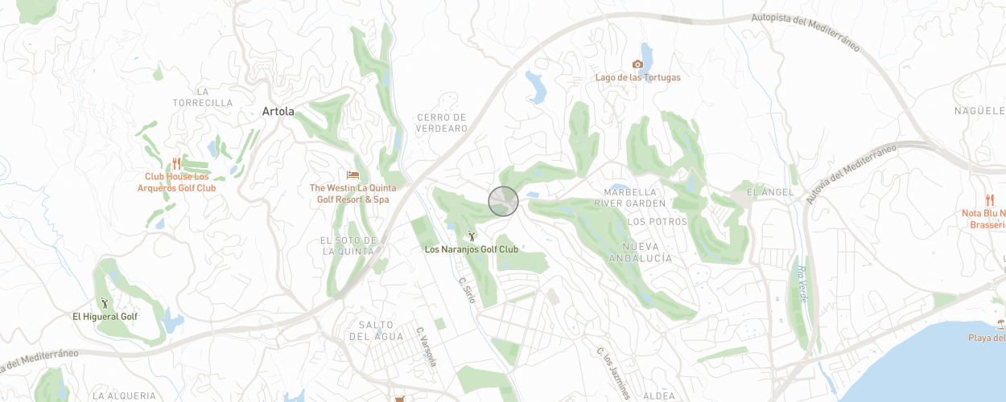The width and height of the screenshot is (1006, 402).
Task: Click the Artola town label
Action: pos(278,112)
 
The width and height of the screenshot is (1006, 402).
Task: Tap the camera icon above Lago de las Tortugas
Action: pos(637,64)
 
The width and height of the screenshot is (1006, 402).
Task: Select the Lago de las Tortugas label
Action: pos(637,78)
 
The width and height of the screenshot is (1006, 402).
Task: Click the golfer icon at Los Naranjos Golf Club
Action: pos(472,236)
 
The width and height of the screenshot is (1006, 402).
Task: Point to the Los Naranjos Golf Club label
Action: pos(472,249)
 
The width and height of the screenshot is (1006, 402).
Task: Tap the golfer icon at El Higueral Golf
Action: pos(104,303)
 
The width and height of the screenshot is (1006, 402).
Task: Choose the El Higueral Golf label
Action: pos(105,317)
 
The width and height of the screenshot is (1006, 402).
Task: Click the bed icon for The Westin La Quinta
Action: pos(353,174)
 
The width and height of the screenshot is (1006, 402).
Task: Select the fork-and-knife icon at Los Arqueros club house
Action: pos(175,163)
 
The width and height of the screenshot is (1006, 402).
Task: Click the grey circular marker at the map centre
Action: pos(503,201)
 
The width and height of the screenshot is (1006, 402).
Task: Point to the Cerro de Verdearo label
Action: pos(442,123)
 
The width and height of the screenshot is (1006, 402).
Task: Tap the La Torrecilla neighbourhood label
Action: pos(203,97)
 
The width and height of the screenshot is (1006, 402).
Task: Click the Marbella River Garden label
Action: pos(635,198)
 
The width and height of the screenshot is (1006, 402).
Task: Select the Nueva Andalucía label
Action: pos(641,252)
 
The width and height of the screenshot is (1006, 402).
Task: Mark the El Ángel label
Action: pos(770,192)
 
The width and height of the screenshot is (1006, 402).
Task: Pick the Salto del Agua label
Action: pos(377,330)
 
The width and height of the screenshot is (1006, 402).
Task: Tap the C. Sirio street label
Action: pos(467,290)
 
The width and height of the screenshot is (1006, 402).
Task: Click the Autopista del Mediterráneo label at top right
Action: pos(806,31)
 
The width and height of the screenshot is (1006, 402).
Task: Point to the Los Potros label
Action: pos(657,221)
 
